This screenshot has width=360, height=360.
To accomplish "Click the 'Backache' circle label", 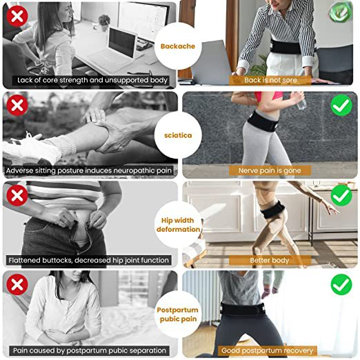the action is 178,46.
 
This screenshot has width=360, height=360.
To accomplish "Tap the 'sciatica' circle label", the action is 178,135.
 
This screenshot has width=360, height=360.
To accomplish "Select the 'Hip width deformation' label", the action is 178,225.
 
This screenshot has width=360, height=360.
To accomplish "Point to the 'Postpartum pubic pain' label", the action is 178,314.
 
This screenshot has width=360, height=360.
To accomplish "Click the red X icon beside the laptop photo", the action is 17,16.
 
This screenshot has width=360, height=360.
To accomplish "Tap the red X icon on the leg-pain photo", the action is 17,105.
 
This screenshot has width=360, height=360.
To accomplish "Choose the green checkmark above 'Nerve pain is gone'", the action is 341,106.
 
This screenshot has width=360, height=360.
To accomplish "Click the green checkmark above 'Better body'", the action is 341,195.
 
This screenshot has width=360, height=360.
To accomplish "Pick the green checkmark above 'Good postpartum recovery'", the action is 341,284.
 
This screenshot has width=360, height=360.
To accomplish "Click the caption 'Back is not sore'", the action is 270,80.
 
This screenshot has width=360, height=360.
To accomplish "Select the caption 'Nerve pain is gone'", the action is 270,170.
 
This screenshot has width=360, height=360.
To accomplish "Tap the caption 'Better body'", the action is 270,260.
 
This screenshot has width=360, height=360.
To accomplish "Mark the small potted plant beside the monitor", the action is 104,23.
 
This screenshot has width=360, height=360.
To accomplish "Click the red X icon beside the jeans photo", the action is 17,195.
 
